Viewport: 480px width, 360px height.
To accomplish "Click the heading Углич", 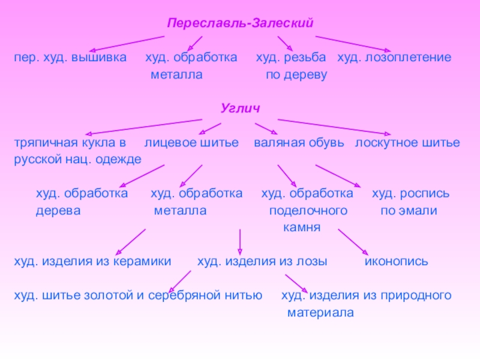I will (x=239, y=109).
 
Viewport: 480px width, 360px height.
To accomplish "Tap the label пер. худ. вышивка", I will (x=71, y=58).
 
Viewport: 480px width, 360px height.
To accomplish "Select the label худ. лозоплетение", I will (x=394, y=58).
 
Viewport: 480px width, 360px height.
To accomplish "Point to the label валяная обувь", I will (x=299, y=143).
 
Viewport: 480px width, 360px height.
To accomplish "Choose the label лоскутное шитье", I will (x=407, y=143).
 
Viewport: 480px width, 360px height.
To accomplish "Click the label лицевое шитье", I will (x=191, y=143).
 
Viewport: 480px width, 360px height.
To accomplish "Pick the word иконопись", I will (x=397, y=262).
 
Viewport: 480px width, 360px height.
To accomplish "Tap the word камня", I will (x=302, y=228).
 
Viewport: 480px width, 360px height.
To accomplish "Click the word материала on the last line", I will (x=321, y=313).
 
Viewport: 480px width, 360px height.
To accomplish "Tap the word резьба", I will (x=306, y=58).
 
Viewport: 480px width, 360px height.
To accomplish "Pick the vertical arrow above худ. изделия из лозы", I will (x=240, y=241).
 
